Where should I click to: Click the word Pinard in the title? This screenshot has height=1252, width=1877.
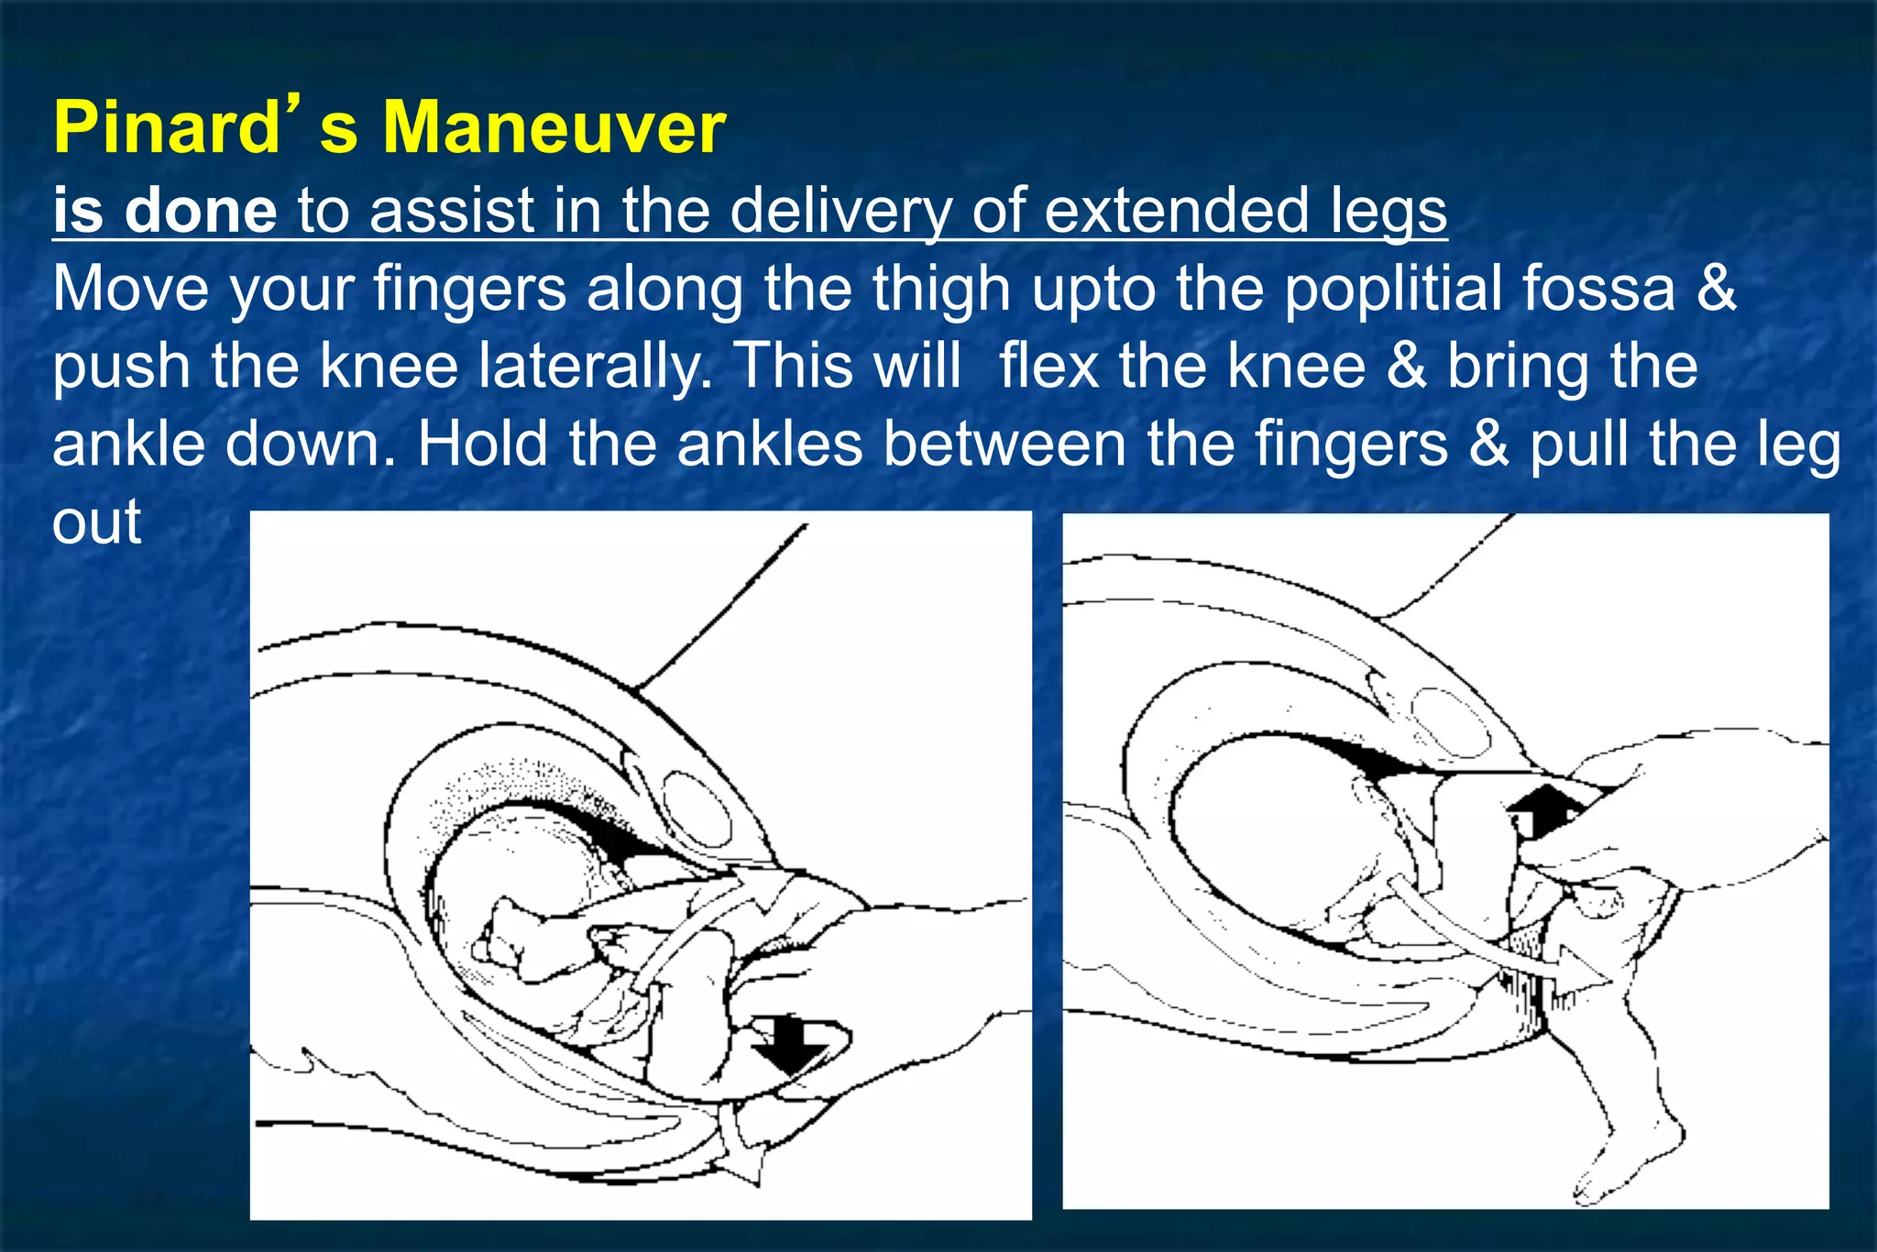[x=165, y=128]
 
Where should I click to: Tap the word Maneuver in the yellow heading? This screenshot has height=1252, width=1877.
[x=554, y=128]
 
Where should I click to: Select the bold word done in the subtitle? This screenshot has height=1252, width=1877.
[x=200, y=211]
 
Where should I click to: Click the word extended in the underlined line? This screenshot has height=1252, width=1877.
[x=1177, y=211]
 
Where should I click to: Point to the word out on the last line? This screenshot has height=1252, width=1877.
[x=96, y=522]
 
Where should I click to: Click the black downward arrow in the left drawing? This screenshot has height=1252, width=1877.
[x=790, y=1045]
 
